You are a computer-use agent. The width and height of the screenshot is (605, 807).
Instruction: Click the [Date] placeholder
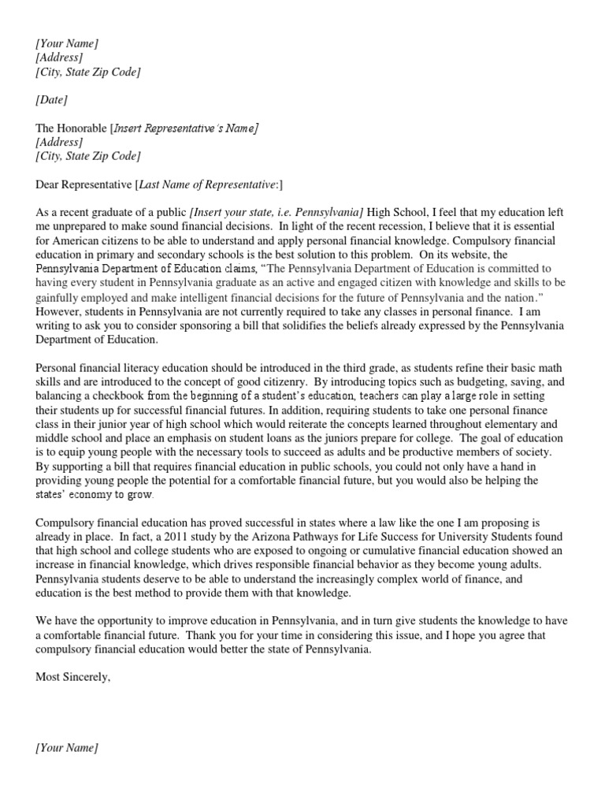point(51,100)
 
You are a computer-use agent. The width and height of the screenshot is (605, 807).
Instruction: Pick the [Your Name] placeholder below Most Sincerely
point(67,747)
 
